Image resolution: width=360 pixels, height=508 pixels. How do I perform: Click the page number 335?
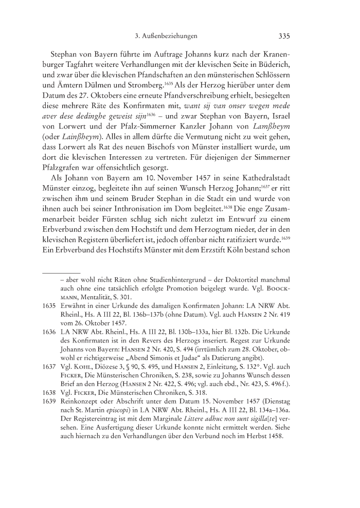[x=284, y=37]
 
